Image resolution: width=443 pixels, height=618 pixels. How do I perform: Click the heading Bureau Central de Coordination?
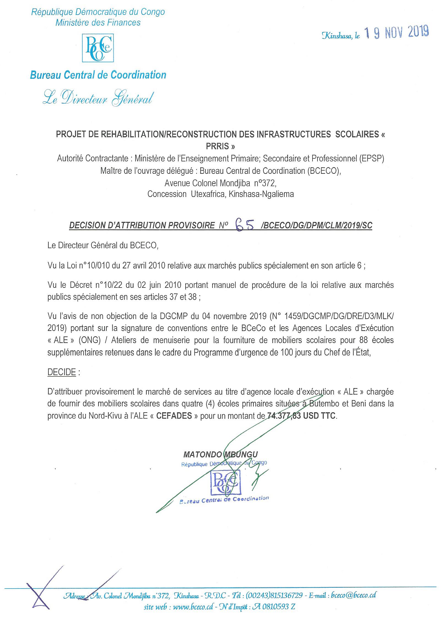point(98,75)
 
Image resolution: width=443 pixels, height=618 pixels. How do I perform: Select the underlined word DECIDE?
point(61,372)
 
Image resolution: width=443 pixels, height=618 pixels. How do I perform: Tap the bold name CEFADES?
point(174,416)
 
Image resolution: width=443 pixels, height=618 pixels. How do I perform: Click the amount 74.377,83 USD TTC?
point(301,416)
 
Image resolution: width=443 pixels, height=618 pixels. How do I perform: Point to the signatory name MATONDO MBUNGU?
point(221,454)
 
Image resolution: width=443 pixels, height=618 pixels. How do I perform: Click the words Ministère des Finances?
point(98,23)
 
